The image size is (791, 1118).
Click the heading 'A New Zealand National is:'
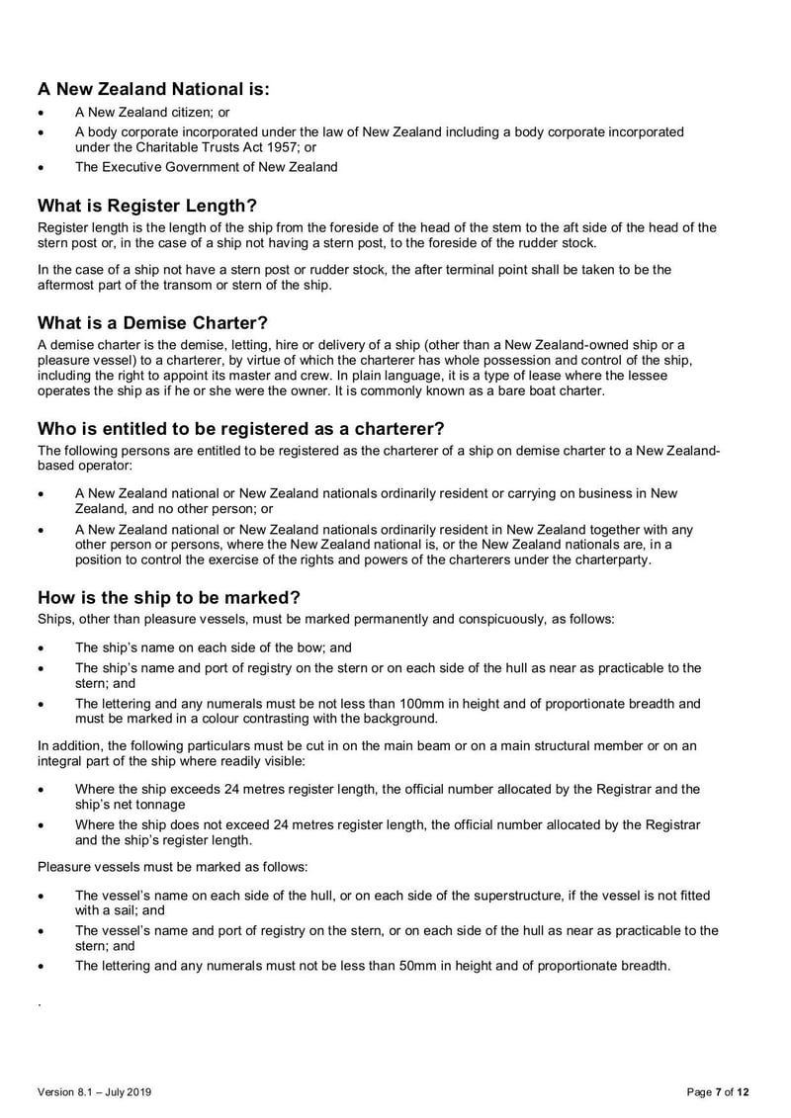[153, 89]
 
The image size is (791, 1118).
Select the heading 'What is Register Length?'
[147, 206]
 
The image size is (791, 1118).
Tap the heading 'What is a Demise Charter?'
[153, 322]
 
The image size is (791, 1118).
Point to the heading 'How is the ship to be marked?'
[168, 597]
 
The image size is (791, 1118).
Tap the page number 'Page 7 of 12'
[718, 1092]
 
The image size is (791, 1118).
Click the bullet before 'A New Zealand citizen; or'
[41, 112]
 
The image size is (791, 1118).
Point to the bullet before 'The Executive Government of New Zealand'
[41, 167]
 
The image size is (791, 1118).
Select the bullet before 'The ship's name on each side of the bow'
[41, 648]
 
